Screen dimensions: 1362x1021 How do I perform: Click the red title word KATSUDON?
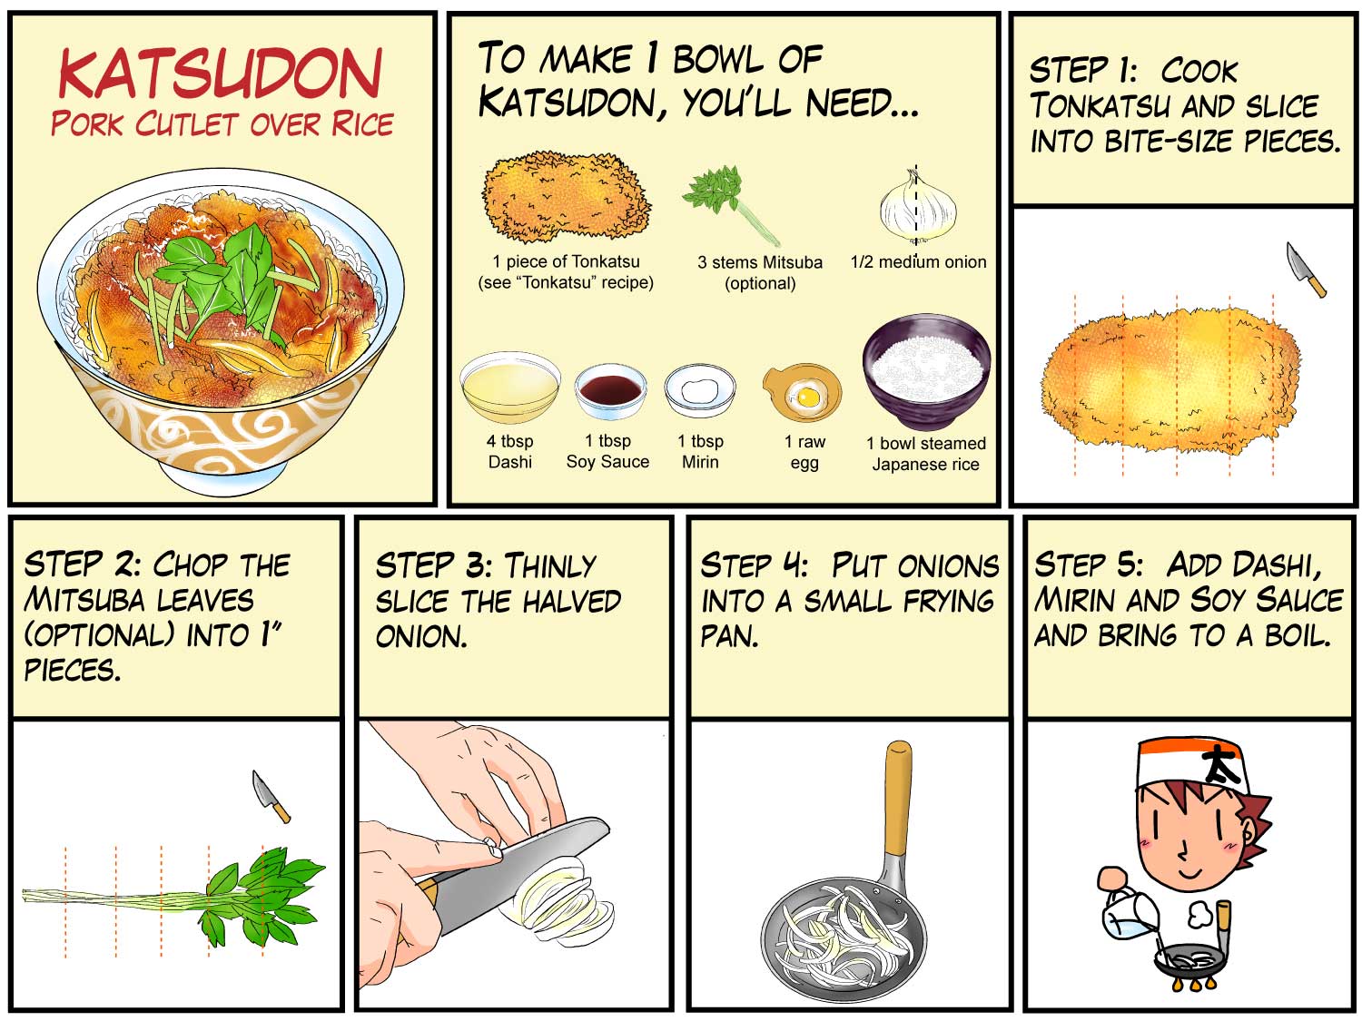click(220, 74)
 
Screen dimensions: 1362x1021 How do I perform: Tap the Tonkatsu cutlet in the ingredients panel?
click(566, 197)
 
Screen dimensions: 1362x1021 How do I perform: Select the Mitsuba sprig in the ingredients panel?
click(730, 203)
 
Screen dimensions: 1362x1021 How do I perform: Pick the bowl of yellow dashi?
click(510, 388)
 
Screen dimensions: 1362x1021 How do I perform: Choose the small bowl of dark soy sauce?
click(610, 391)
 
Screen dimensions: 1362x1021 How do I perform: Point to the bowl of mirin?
click(700, 390)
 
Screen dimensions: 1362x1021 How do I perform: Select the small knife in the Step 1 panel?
click(1305, 269)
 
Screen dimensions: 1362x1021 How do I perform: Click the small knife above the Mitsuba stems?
click(271, 797)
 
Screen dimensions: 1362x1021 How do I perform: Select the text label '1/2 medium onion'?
click(918, 262)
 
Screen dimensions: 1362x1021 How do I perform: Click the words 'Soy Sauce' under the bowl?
click(607, 462)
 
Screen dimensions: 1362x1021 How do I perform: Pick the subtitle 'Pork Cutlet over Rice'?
click(222, 124)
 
